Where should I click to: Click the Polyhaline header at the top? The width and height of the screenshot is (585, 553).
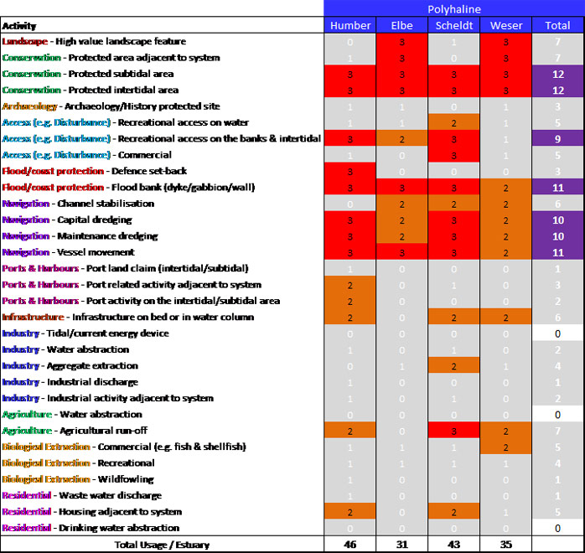click(453, 8)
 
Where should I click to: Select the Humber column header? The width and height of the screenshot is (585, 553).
click(350, 25)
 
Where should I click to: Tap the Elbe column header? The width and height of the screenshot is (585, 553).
click(402, 25)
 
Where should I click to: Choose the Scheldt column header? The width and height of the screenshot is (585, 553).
click(454, 25)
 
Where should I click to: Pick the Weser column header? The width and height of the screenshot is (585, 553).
click(506, 25)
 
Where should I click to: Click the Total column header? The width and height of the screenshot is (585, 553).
click(557, 25)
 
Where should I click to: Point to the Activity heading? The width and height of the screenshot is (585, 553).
click(19, 26)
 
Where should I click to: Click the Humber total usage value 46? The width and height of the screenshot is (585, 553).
click(350, 545)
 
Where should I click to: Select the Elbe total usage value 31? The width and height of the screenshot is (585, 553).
click(402, 545)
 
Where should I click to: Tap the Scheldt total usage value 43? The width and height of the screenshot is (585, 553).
click(454, 545)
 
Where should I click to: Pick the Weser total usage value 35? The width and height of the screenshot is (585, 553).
click(506, 545)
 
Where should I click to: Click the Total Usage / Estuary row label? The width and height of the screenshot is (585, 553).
click(163, 545)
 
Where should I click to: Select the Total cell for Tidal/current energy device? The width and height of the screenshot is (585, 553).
click(557, 333)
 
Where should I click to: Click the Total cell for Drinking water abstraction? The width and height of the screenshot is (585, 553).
click(557, 528)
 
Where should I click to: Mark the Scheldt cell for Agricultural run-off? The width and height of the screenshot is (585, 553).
click(454, 431)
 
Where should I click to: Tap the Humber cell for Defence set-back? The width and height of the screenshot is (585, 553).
click(350, 171)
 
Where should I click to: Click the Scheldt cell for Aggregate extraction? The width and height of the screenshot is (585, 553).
click(454, 366)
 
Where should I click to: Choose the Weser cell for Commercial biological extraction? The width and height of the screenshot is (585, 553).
click(506, 447)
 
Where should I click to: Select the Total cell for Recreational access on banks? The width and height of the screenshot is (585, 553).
click(557, 138)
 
